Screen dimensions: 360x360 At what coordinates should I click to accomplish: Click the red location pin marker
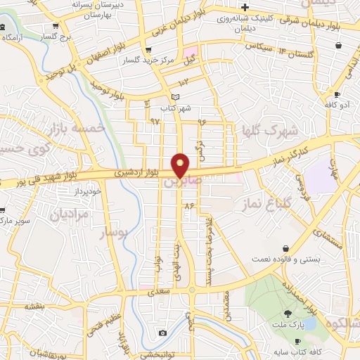tap(181, 165)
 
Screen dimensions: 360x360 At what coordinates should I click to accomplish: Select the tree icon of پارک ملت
tap(288, 314)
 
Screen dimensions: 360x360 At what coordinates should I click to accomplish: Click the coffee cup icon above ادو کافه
tap(337, 95)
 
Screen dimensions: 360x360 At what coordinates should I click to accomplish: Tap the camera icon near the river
tap(162, 333)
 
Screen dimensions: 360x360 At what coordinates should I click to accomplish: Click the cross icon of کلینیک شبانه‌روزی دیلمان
tap(244, 7)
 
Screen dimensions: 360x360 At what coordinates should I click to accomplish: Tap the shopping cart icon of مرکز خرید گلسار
tap(148, 50)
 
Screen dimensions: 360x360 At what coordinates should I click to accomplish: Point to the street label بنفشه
tap(35, 306)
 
